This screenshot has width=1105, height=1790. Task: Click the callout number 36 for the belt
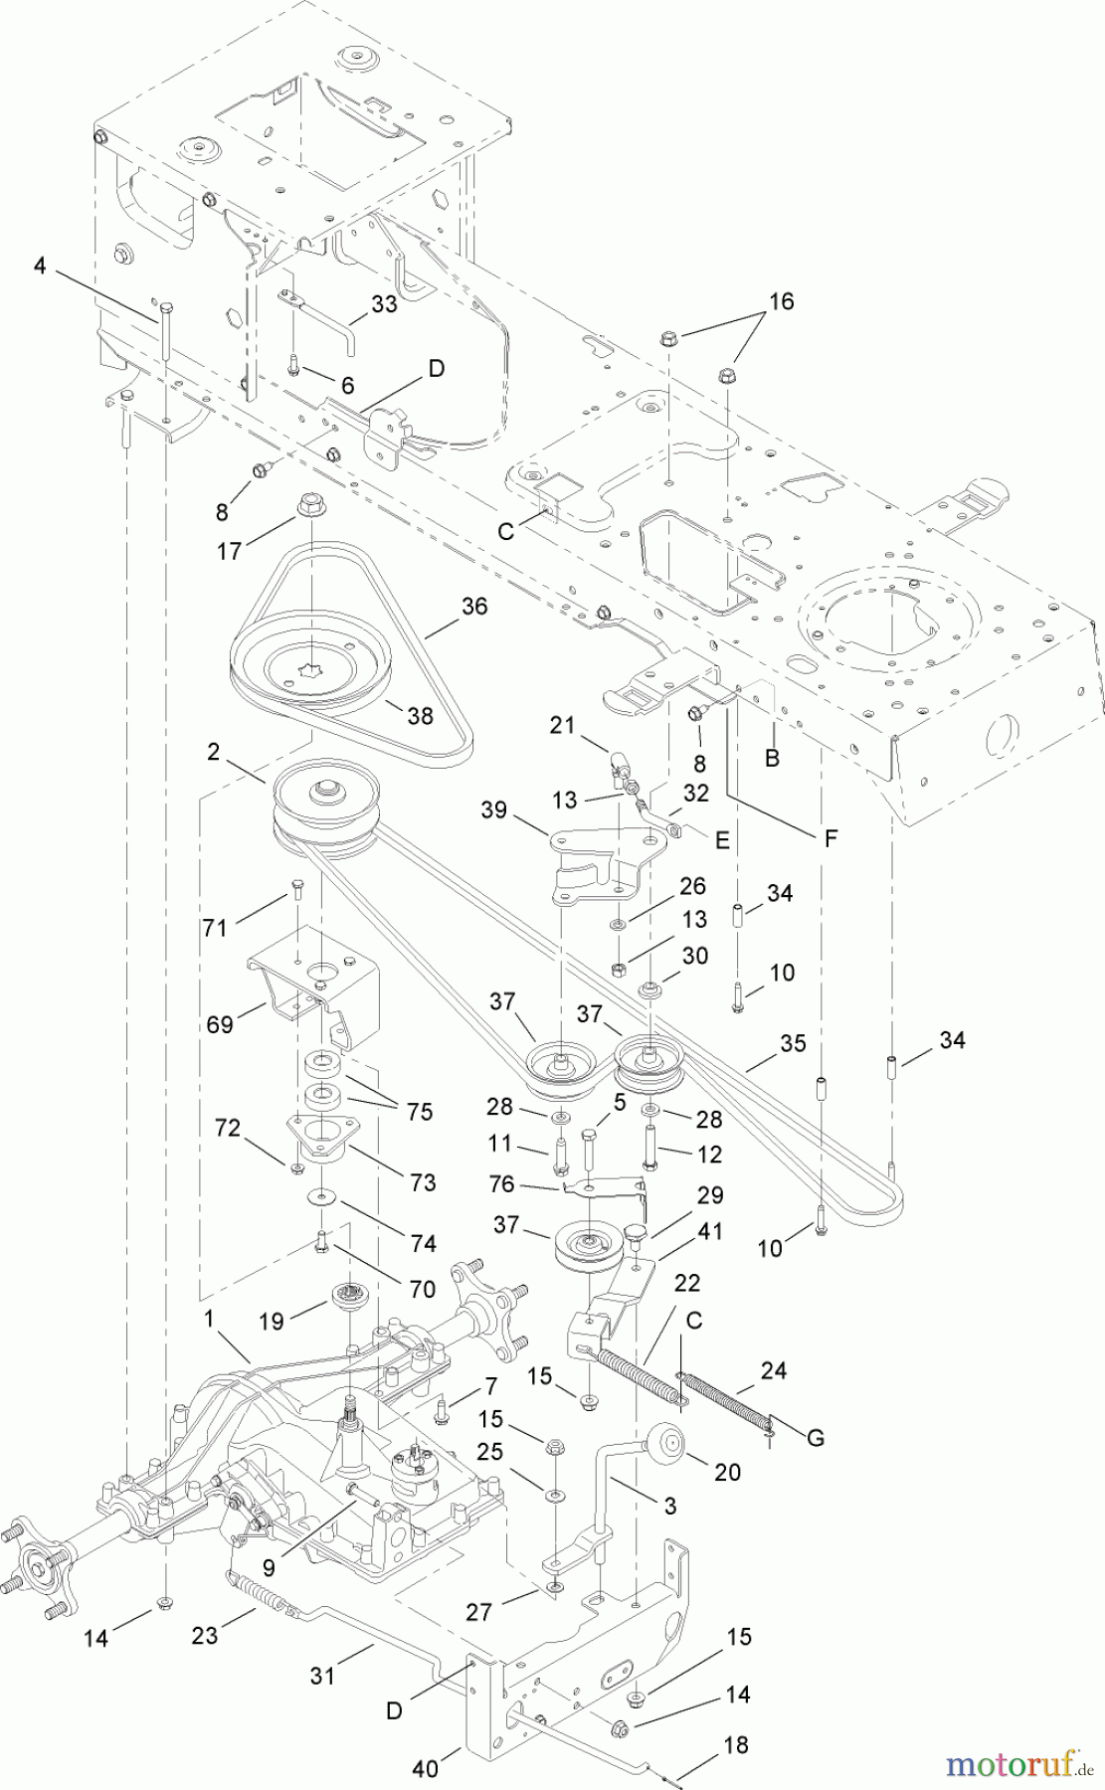pyautogui.click(x=474, y=606)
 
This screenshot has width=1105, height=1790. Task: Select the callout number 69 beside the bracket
pyautogui.click(x=220, y=1023)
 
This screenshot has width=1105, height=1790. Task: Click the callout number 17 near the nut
pyautogui.click(x=229, y=550)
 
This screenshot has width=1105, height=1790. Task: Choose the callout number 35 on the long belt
pyautogui.click(x=793, y=1043)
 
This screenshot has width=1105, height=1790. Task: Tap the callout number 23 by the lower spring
pyautogui.click(x=205, y=1634)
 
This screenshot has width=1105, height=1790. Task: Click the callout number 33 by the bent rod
pyautogui.click(x=384, y=303)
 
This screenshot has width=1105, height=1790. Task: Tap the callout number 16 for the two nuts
pyautogui.click(x=782, y=301)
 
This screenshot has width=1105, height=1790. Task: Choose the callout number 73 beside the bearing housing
pyautogui.click(x=423, y=1182)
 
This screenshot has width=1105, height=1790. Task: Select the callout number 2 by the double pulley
pyautogui.click(x=213, y=752)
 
